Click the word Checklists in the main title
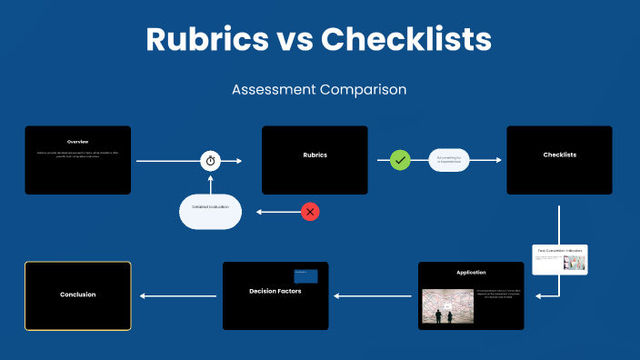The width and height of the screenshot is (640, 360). point(406,39)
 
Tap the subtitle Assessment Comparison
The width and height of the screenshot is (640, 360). point(319,90)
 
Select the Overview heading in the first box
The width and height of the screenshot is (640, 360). point(77,142)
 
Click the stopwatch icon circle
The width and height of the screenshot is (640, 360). point(211,160)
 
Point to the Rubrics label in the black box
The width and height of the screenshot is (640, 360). point(315,155)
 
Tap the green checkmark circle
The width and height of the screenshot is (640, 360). point(400,160)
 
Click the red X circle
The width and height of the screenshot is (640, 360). point(311,212)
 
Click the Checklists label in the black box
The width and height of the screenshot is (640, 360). point(559,155)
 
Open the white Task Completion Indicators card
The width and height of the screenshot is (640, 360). point(560,259)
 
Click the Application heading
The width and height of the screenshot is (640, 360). point(471,272)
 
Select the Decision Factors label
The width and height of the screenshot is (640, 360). point(275,291)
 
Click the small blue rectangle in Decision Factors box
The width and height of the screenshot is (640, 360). point(305,275)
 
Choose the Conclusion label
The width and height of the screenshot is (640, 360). point(77,295)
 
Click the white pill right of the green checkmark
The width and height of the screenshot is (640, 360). point(449,160)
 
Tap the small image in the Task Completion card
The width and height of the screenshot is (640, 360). point(574,263)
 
